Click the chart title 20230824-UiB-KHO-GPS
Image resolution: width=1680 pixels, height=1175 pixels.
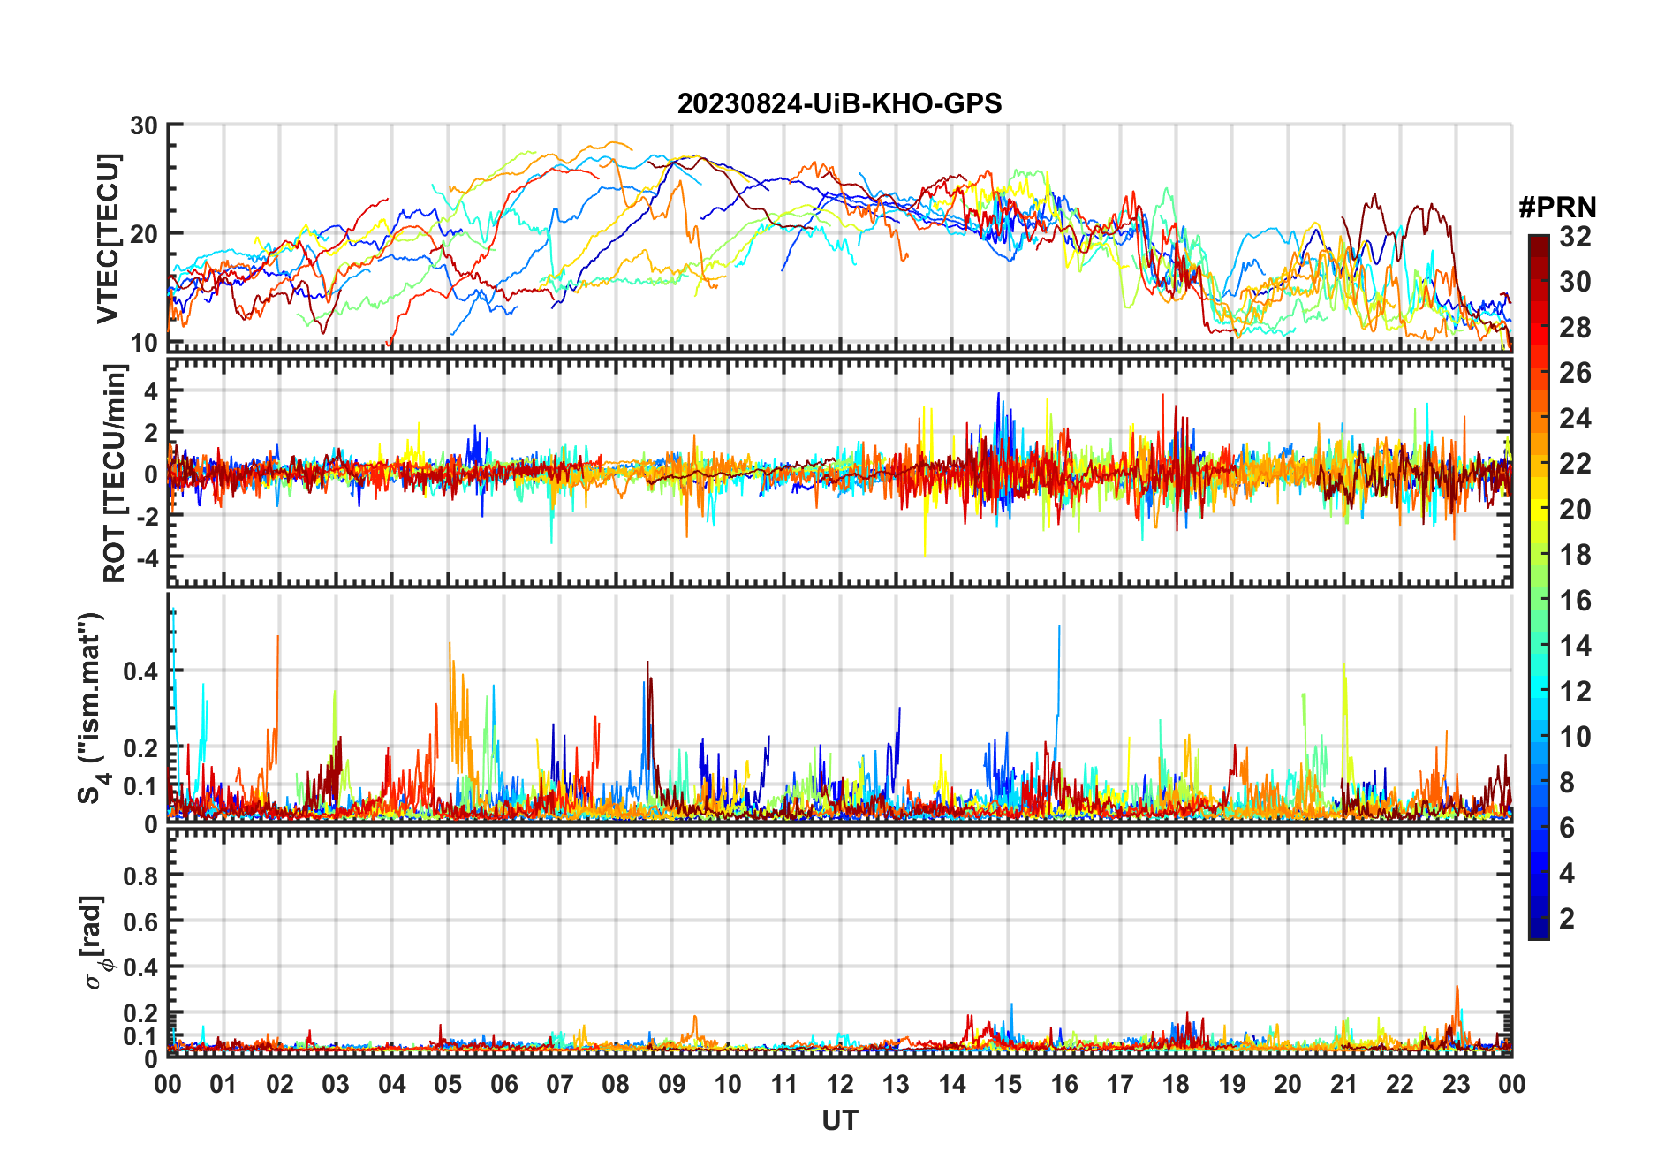point(839,104)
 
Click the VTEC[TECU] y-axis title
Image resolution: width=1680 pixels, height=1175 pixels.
point(108,239)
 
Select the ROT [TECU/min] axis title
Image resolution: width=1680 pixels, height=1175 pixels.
point(115,474)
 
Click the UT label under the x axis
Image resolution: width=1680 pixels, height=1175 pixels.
point(839,1121)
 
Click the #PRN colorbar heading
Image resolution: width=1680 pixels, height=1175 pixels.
point(1557,208)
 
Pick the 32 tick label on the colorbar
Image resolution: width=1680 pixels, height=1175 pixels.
point(1575,237)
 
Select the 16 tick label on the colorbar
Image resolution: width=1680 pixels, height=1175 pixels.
point(1575,601)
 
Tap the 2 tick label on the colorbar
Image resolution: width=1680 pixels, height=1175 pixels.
point(1567,919)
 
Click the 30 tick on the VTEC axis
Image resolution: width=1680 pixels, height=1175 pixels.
point(144,125)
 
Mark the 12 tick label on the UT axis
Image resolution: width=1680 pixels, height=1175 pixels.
point(840,1084)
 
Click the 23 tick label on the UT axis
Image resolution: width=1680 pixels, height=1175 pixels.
point(1456,1084)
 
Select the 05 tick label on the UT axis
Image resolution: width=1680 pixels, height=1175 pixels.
point(448,1084)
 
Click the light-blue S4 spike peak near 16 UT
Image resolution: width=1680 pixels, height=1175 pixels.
point(1059,626)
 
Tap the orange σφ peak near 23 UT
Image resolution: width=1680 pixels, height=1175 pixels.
point(1457,988)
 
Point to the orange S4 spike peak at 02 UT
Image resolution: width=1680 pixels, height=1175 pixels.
point(278,637)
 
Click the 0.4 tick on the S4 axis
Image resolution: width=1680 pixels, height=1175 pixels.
point(140,671)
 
